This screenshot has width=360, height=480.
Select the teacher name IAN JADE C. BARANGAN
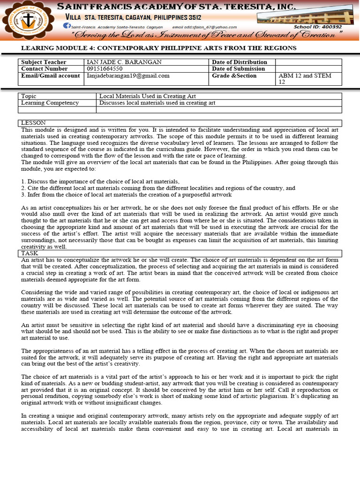point(124,62)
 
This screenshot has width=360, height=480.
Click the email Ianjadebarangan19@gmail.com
point(128,75)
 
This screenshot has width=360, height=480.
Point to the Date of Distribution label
point(240,62)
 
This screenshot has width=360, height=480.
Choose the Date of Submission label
point(239,69)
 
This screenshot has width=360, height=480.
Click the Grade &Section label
point(234,75)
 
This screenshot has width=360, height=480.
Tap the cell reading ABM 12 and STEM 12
point(305,79)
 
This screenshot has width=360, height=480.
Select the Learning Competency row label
point(50,103)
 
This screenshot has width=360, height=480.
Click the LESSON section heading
point(32,123)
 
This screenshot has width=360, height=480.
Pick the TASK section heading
point(30,253)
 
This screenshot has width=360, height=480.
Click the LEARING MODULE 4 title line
point(159,48)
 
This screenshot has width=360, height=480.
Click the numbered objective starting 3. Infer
point(126,195)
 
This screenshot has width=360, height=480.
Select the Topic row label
point(29,96)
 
